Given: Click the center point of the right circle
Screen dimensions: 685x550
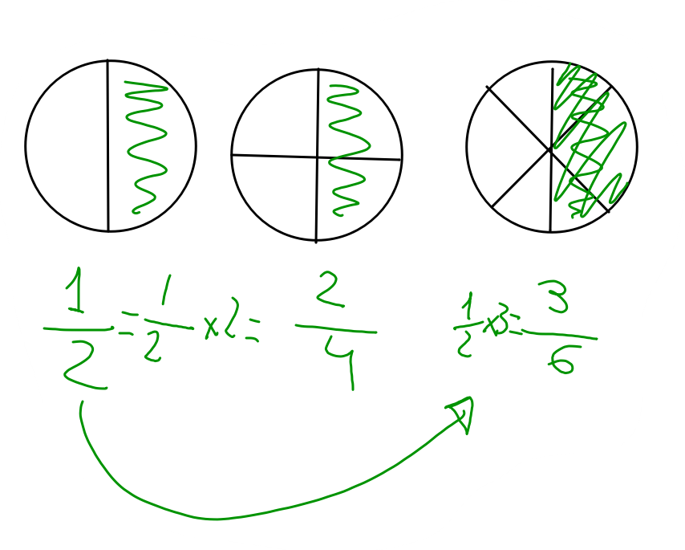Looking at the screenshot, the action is coord(552,149).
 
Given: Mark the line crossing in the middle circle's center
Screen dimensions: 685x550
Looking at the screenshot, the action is coord(318,157).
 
